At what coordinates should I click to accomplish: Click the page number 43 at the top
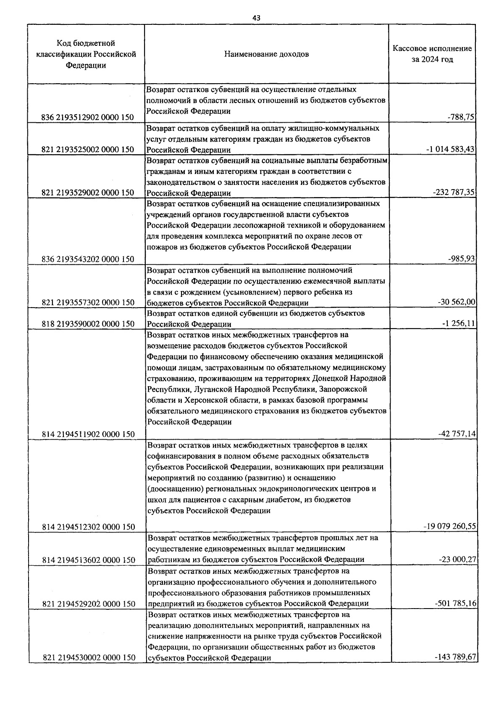click(256, 18)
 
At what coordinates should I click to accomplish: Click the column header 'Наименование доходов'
click(266, 54)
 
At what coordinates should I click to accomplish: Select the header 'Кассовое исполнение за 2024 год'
click(432, 54)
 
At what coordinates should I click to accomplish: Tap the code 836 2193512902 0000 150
click(88, 117)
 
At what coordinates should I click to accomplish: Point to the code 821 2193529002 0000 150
click(88, 193)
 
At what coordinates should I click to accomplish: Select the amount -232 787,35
click(454, 193)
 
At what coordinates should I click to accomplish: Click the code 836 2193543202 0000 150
click(88, 259)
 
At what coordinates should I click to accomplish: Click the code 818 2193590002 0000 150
click(88, 324)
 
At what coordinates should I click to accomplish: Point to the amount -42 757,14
click(457, 434)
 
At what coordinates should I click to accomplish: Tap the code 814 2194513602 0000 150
click(89, 560)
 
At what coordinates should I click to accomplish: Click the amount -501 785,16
click(455, 604)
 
